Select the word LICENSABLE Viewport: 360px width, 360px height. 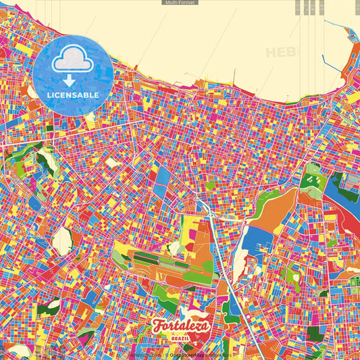[x=73, y=95]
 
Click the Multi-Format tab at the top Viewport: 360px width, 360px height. [x=180, y=3]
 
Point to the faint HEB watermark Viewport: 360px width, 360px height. [x=282, y=52]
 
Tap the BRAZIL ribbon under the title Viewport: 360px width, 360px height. [x=181, y=338]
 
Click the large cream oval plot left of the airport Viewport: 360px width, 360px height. [x=63, y=240]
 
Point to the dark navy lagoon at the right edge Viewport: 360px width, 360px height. [x=338, y=197]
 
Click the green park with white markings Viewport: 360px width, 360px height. [x=311, y=179]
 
